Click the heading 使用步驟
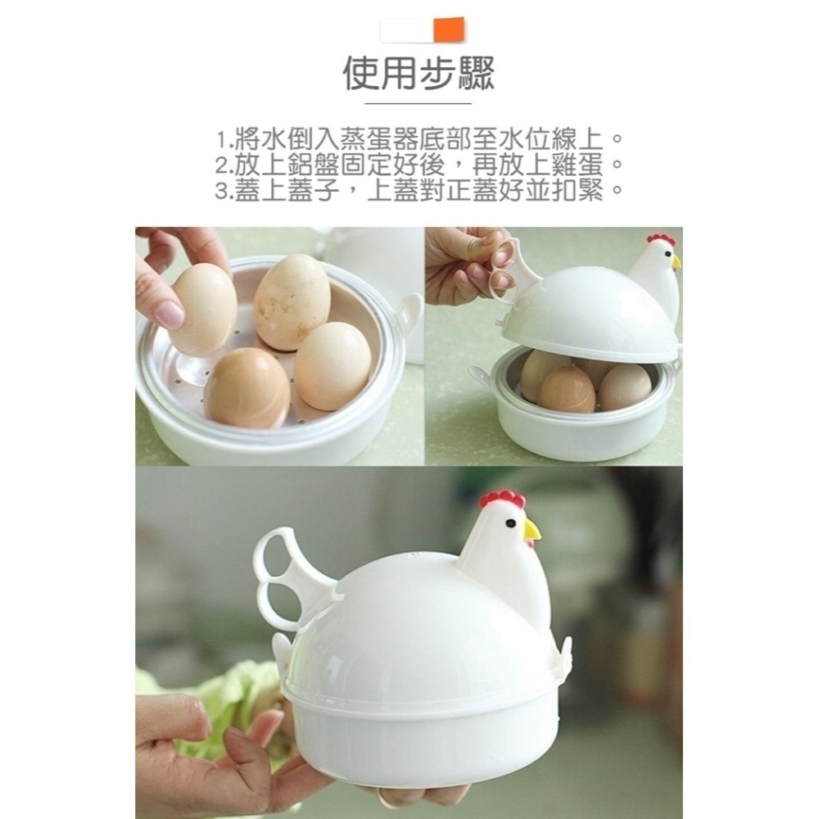click(x=419, y=74)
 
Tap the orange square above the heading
click(x=449, y=29)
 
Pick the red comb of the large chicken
click(x=503, y=498)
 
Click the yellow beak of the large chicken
click(x=532, y=531)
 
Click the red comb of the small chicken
click(x=660, y=239)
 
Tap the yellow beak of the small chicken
click(x=676, y=262)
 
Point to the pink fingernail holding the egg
click(x=170, y=314)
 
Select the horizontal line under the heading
click(x=418, y=104)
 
